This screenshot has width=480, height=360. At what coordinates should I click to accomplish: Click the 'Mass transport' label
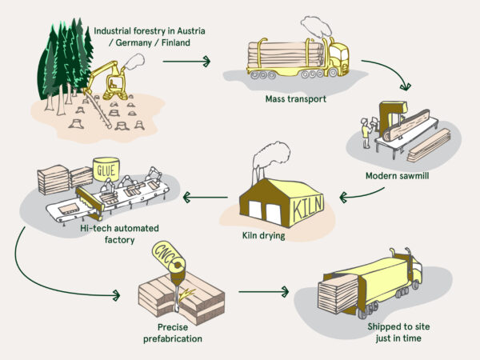tap(297, 99)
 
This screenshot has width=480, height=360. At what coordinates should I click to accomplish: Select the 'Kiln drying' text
tap(265, 236)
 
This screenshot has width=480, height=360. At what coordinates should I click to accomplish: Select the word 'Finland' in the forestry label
tap(174, 42)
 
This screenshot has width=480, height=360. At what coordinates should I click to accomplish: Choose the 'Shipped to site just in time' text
tap(395, 334)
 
